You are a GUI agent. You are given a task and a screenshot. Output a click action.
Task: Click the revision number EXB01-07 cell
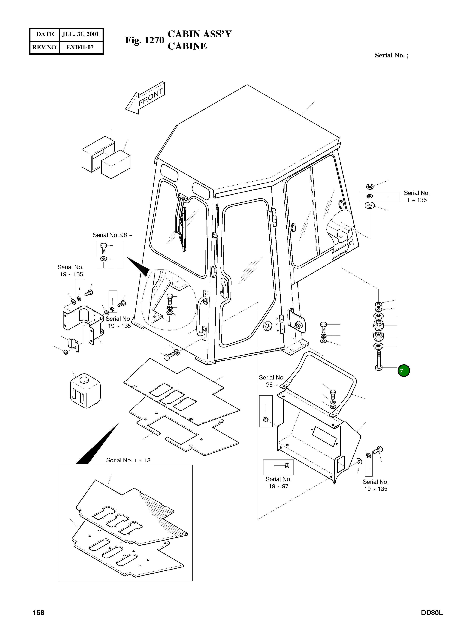tap(80, 47)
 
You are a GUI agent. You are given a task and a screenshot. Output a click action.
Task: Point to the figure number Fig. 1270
tap(145, 41)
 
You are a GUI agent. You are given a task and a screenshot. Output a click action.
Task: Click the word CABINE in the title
tap(187, 46)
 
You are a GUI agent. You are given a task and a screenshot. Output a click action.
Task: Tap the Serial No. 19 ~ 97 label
tap(278, 483)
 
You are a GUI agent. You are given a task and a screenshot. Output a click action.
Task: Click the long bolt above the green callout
tap(379, 360)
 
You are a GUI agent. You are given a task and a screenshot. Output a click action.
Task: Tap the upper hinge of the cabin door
tap(274, 218)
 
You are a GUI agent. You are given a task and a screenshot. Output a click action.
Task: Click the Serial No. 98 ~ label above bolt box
tap(112, 235)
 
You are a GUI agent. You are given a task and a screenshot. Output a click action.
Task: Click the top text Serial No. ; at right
tap(391, 55)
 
